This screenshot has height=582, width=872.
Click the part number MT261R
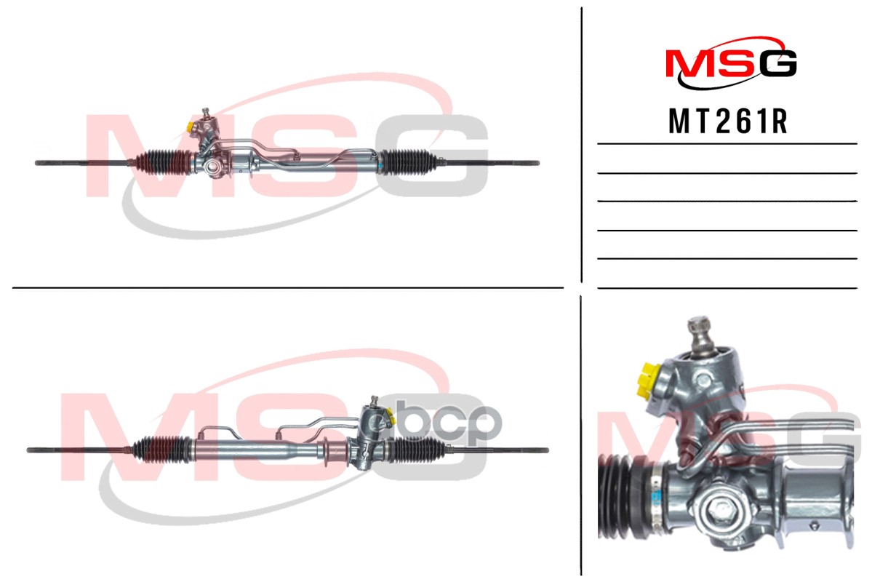point(728,122)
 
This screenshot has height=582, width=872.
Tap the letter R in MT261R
point(779,122)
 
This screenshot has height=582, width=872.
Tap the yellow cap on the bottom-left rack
point(388,417)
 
